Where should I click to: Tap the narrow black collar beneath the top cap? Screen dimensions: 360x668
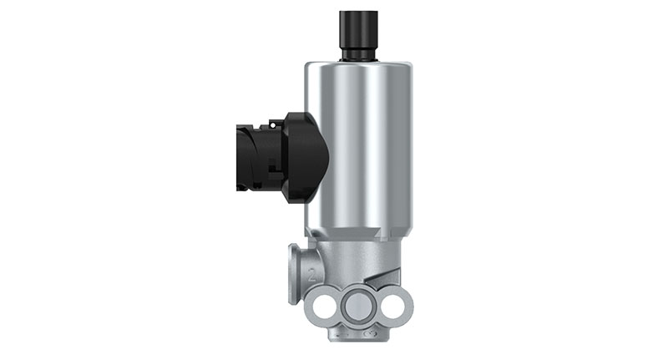359,54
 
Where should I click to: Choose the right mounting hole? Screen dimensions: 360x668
392,305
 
